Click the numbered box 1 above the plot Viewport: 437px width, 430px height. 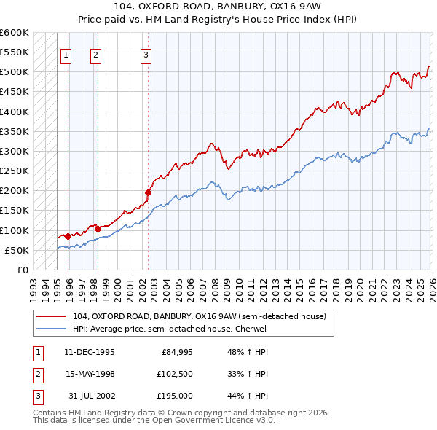pyautogui.click(x=66, y=54)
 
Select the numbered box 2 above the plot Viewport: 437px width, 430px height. pyautogui.click(x=96, y=54)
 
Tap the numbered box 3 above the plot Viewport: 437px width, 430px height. pyautogui.click(x=146, y=54)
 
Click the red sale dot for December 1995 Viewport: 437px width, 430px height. pyautogui.click(x=68, y=236)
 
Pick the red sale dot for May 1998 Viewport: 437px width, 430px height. pyautogui.click(x=97, y=229)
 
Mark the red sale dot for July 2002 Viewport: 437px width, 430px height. pyautogui.click(x=148, y=192)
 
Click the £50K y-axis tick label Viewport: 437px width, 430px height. pyautogui.click(x=17, y=250)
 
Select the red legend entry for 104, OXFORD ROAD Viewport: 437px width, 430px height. pyautogui.click(x=203, y=316)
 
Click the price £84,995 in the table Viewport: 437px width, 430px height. pyautogui.click(x=177, y=351)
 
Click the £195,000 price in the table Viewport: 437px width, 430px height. pyautogui.click(x=176, y=396)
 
